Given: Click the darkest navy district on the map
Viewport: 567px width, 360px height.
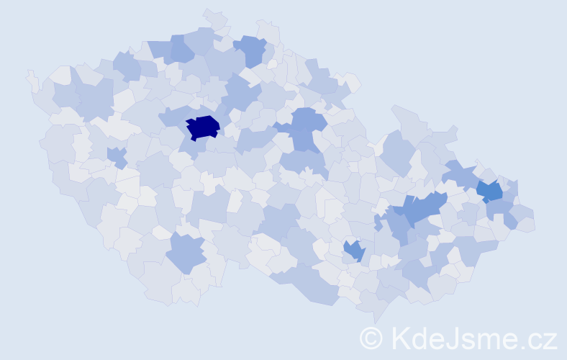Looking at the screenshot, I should click(202, 127).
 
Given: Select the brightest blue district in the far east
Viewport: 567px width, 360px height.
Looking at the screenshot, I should click(491, 191).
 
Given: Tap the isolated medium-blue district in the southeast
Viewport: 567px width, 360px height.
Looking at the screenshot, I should click(353, 251).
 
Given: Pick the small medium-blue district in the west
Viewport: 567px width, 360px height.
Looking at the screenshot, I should click(117, 156).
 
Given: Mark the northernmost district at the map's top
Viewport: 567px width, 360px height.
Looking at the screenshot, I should click(214, 17).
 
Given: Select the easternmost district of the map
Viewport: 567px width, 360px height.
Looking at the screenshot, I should click(526, 224).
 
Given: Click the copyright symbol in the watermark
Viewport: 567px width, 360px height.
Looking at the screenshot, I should click(371, 338).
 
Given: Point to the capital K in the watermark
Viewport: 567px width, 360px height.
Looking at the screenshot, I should click(400, 338).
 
